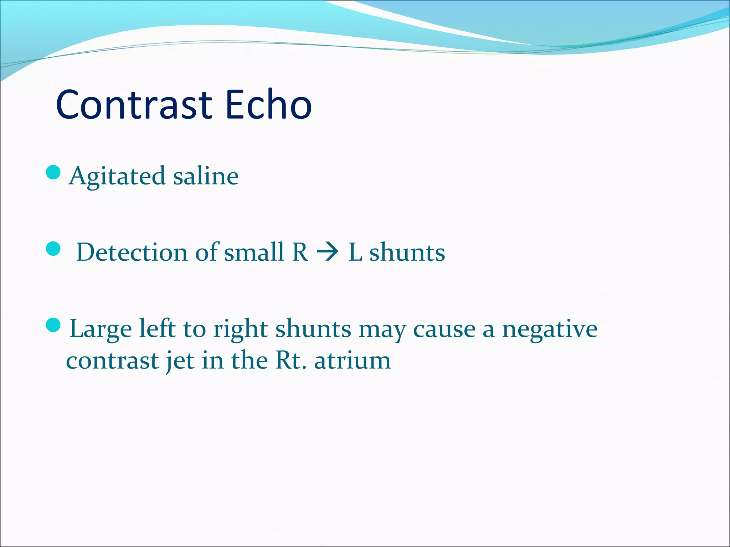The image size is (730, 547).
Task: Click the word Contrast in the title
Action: coord(134,105)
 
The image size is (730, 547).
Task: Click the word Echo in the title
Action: coord(269,105)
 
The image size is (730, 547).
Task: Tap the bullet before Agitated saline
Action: coord(53,173)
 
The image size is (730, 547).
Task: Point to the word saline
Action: coord(206,176)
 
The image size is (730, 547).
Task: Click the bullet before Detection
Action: coord(53,249)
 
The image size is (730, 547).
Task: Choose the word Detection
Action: coord(132,252)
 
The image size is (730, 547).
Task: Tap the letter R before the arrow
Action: coord(300,252)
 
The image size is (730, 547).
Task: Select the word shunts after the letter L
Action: coord(407,252)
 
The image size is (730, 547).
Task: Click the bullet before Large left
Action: coord(53,325)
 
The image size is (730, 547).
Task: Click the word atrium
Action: coord(353,360)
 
